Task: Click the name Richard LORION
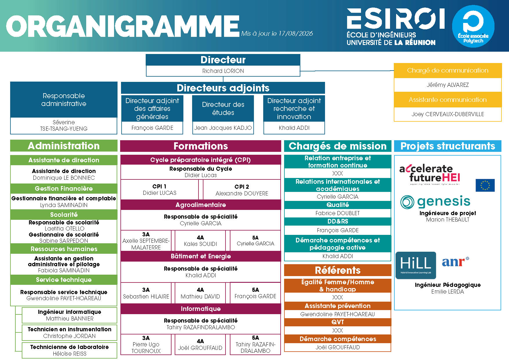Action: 223,71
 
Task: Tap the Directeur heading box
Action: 223,60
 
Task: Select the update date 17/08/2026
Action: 296,33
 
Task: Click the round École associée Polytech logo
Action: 473,26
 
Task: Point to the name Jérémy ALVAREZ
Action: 447,85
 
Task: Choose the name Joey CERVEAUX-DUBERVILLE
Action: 447,114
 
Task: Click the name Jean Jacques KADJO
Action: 223,128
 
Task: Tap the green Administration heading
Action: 64,146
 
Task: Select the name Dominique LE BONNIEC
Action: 64,178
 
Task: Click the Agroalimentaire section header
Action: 201,205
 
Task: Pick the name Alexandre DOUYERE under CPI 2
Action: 242,193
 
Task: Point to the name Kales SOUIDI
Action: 200,244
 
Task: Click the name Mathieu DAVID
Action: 200,296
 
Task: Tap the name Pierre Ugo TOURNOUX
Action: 146,348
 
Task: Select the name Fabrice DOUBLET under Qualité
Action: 337,213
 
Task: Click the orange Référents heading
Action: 337,270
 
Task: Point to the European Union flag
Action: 485,185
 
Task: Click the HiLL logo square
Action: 416,265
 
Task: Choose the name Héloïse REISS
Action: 70,354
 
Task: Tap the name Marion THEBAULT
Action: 447,219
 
